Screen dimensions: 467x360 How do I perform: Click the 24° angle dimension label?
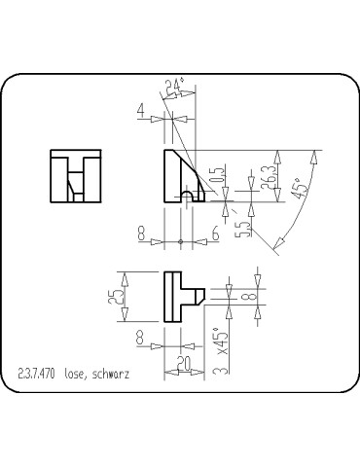point(175,89)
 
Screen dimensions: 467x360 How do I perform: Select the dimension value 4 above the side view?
point(142,115)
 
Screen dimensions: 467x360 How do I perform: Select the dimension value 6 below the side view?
point(214,233)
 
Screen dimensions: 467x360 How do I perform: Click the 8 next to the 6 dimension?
point(142,233)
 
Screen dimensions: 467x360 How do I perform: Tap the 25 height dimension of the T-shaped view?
point(118,297)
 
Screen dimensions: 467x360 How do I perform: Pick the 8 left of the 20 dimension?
point(142,337)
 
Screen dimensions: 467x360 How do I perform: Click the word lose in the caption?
point(74,373)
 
